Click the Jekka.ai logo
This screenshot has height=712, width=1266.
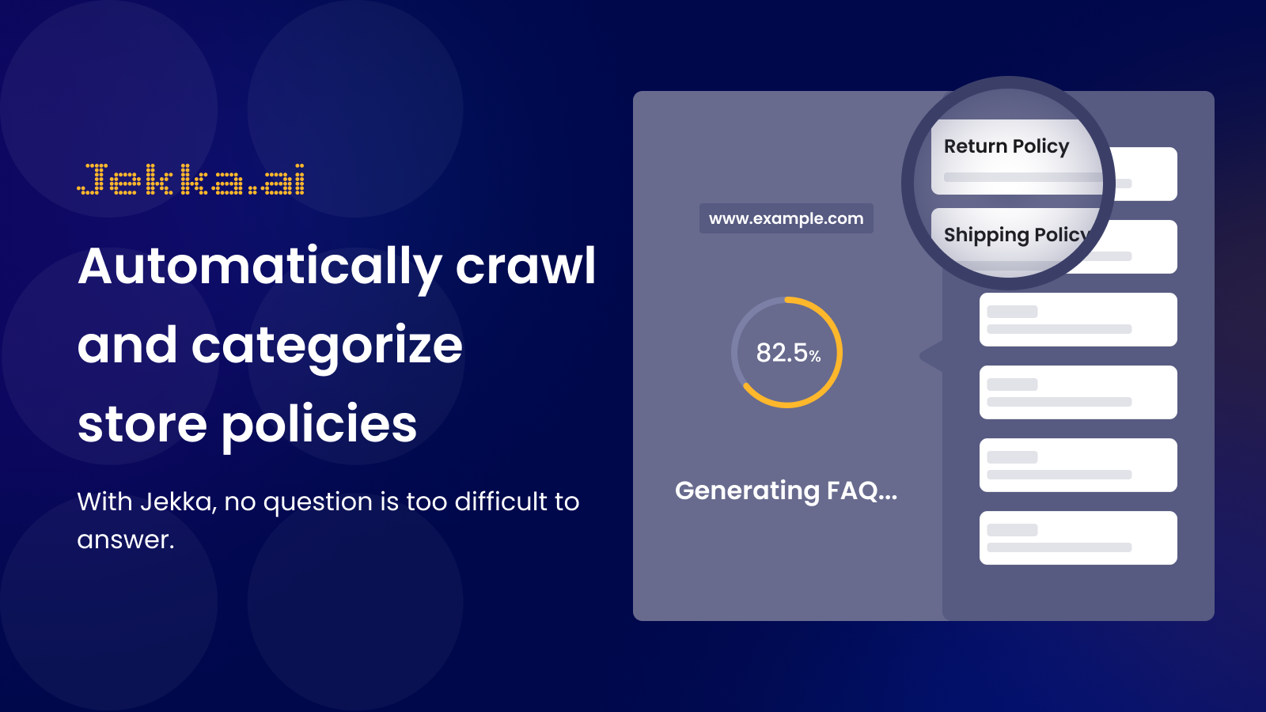point(191,179)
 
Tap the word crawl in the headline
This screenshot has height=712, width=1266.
point(525,266)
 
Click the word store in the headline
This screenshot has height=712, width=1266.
point(142,425)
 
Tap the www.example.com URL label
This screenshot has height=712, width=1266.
point(787,218)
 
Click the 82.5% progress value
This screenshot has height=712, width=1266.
point(788,353)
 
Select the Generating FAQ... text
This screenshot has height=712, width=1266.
point(787,490)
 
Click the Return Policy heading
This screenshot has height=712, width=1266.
point(1006,146)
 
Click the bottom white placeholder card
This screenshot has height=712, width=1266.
point(1078,538)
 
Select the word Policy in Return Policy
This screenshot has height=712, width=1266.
point(1040,147)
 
